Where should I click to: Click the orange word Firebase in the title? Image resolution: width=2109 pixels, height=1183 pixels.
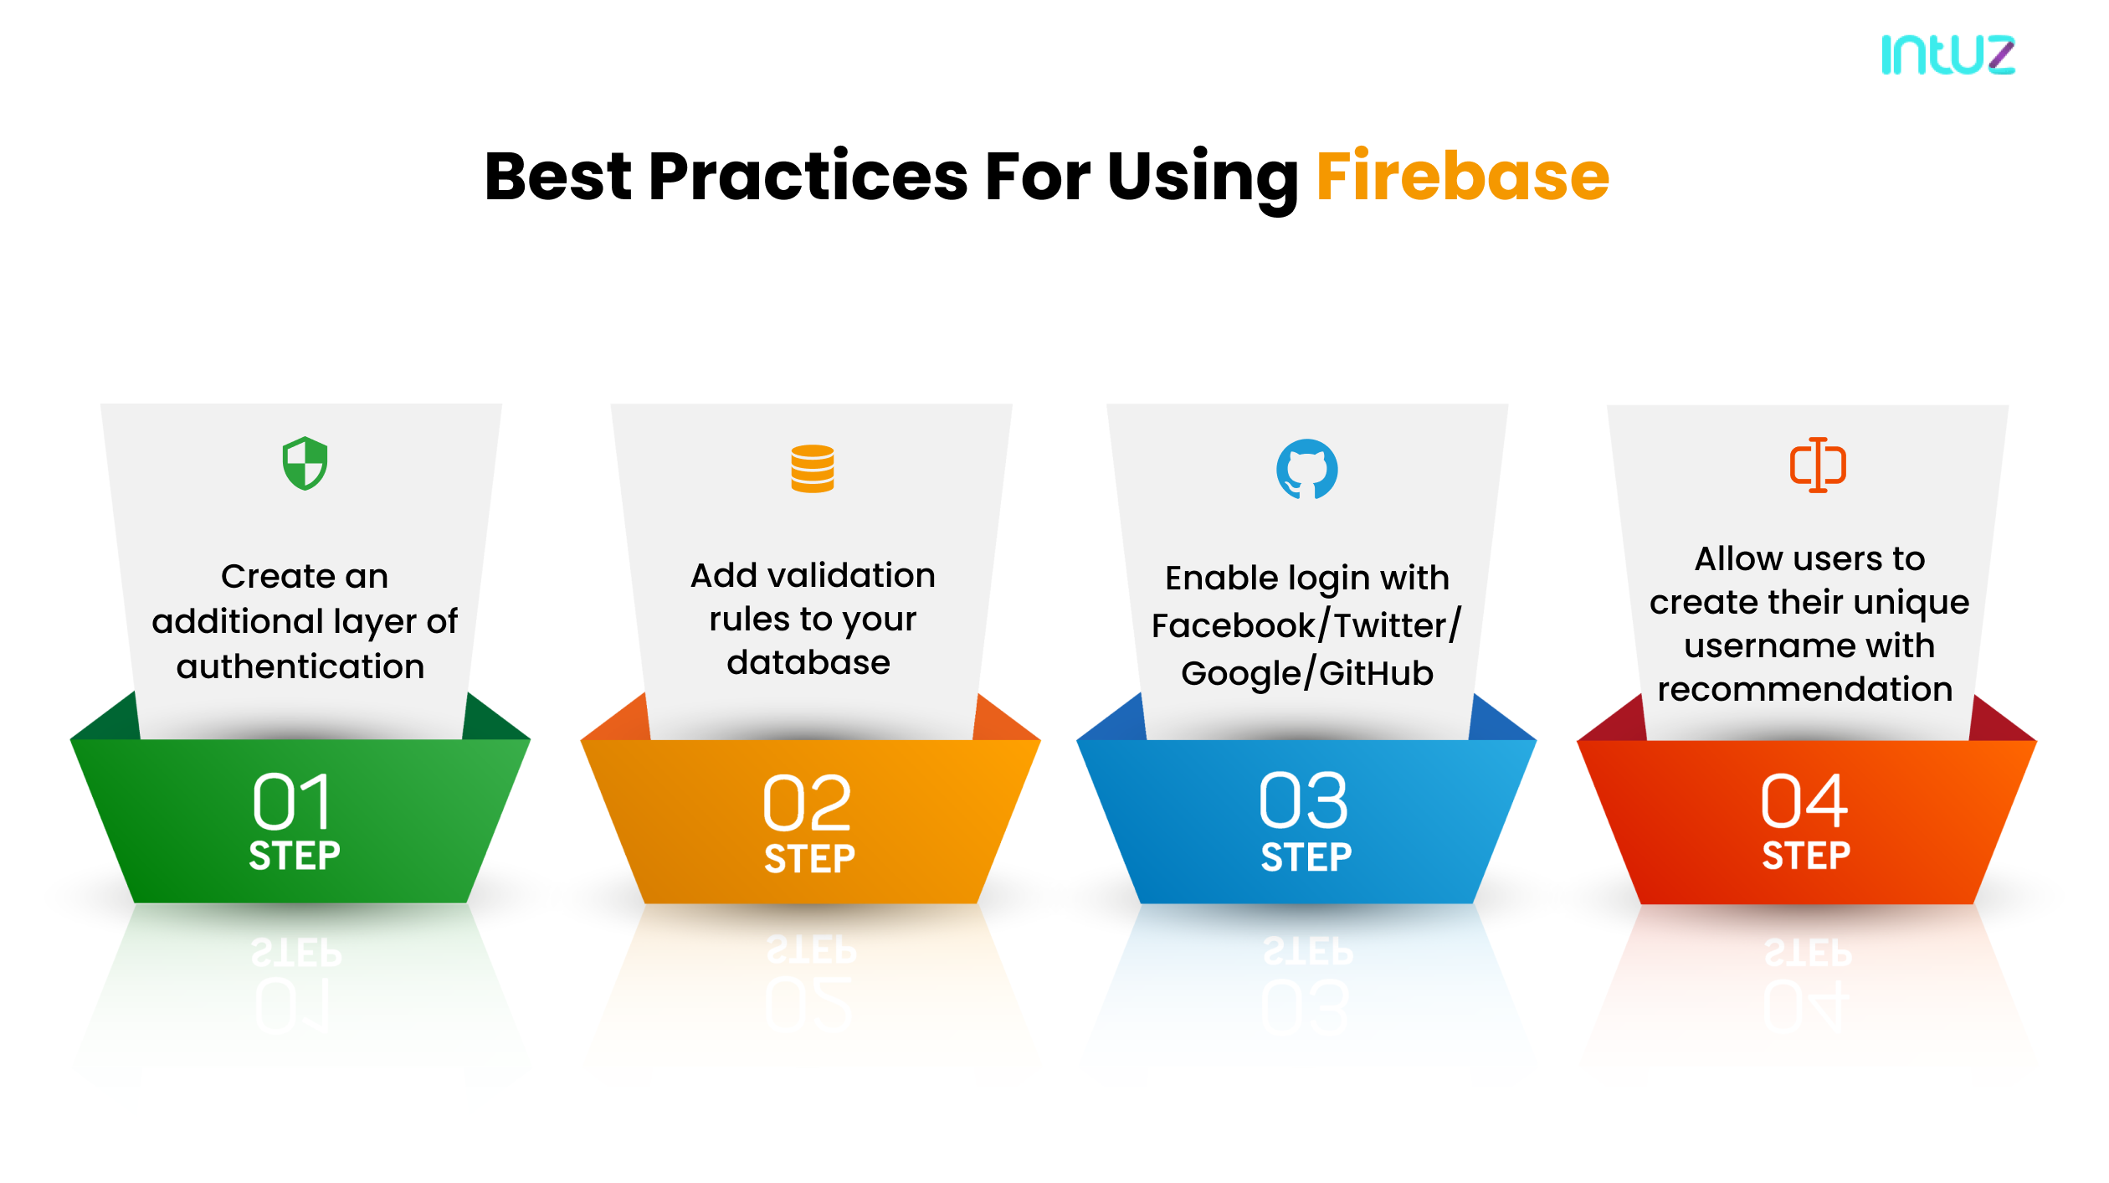click(1462, 177)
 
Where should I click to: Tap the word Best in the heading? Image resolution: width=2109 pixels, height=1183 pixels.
click(557, 177)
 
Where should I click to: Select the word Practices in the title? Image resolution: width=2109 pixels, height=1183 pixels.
click(808, 177)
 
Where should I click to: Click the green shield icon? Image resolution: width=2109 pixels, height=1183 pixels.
click(305, 463)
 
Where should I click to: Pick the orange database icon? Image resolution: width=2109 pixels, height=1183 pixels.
click(812, 469)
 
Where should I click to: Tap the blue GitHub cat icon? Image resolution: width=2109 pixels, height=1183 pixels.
click(1306, 469)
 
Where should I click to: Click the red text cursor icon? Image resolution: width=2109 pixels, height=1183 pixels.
click(1818, 465)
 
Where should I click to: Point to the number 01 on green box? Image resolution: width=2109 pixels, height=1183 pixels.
click(292, 801)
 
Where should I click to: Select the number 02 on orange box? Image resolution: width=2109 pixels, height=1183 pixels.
click(807, 803)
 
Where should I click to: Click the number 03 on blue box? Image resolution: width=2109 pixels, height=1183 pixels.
click(1303, 801)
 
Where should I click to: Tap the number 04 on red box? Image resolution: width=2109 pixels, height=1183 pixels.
click(1804, 801)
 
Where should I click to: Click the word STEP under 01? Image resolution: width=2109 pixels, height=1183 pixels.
click(295, 856)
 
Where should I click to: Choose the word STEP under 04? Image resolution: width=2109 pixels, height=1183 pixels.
click(1806, 856)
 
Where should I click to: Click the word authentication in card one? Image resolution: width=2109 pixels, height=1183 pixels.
click(300, 667)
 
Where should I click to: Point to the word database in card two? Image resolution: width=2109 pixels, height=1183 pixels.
click(808, 663)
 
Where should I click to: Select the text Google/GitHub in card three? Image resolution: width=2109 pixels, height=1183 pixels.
click(1306, 673)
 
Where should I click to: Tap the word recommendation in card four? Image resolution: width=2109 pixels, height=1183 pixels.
click(1805, 690)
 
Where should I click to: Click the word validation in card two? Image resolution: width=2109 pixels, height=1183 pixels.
click(851, 576)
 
